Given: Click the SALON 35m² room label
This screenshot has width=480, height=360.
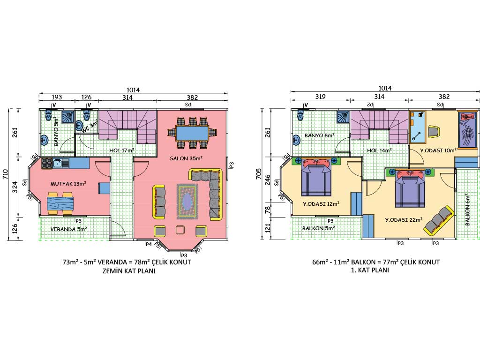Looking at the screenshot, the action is coord(186,158).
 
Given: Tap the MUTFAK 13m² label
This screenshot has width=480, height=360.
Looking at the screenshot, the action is coord(68,184).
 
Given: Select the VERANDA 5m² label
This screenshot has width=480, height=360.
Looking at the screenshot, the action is coord(69,229).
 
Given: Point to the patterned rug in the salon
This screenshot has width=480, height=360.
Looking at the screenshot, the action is coord(187,202).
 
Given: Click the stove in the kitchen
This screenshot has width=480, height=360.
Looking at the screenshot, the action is coord(46,163).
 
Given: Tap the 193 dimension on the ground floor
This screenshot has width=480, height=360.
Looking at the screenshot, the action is coord(57,97).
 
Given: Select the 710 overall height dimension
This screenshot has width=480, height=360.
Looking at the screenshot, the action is coord(6,179).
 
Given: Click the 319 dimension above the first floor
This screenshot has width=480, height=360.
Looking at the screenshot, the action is coord(320,97).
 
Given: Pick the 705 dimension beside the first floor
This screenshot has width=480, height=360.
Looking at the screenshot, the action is coord(259,174).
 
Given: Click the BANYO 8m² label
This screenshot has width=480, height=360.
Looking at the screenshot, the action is coord(319,135).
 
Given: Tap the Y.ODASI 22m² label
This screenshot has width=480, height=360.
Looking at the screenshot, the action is coord(404,220).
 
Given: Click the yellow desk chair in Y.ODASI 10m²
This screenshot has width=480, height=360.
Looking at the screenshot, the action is coord(434,131).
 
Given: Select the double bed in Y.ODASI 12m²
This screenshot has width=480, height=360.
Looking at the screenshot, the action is coord(316,177).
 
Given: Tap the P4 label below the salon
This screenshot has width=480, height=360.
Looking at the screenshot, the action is coord(149,244).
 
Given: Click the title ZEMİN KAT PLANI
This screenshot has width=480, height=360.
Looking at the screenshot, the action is coord(129,271).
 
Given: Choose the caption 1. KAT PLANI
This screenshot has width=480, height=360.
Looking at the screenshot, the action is coord(370,270).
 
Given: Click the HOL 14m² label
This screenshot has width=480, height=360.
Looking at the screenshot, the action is coord(379,150).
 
